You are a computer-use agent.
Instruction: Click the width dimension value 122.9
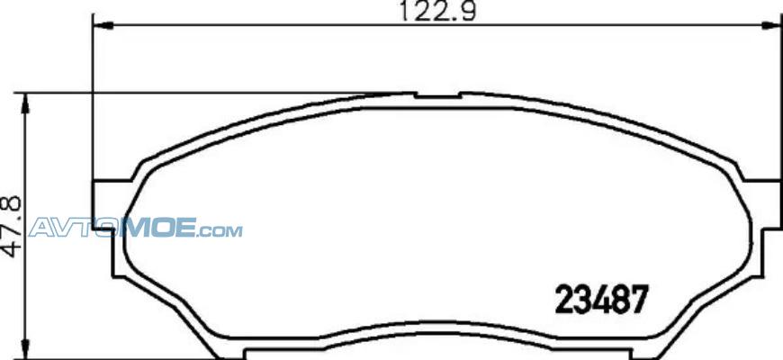[x=438, y=11]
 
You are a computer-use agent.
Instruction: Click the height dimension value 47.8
[x=12, y=227]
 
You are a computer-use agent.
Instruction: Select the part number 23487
[x=602, y=299]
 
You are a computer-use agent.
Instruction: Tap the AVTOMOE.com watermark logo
[x=135, y=228]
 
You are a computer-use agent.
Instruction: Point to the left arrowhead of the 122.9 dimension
[x=103, y=25]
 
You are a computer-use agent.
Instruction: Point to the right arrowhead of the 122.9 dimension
[x=771, y=25]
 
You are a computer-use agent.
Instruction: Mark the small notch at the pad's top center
[x=438, y=94]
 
